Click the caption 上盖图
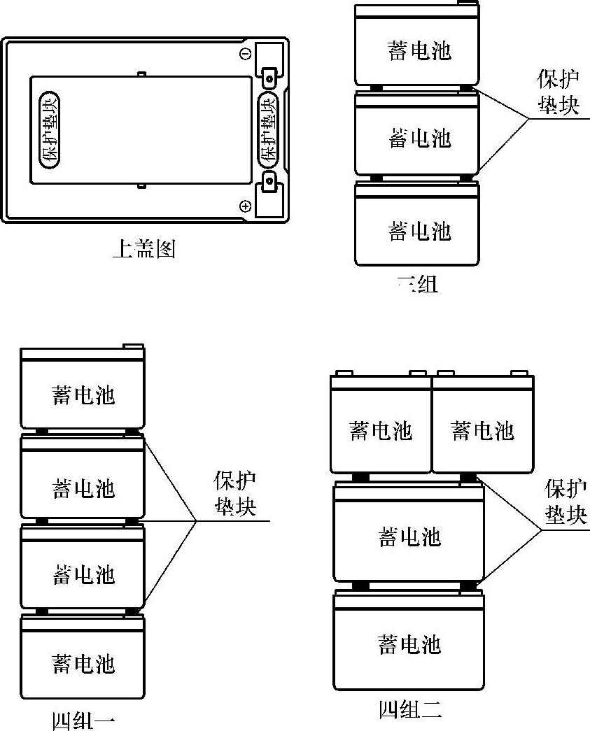tap(143, 249)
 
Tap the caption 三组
tap(417, 284)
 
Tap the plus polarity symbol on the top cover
tap(246, 206)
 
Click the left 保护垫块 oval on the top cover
tap(50, 129)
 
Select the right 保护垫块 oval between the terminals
tap(269, 129)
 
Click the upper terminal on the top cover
tap(269, 72)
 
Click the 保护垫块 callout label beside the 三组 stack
tap(558, 92)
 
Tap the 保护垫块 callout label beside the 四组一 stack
tap(234, 494)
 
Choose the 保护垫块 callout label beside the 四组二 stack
tap(566, 502)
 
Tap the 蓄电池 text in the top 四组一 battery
tap(83, 395)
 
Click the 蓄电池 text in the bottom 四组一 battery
tap(83, 662)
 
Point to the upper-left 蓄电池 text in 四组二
tap(381, 430)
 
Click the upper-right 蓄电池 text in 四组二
tap(483, 430)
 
